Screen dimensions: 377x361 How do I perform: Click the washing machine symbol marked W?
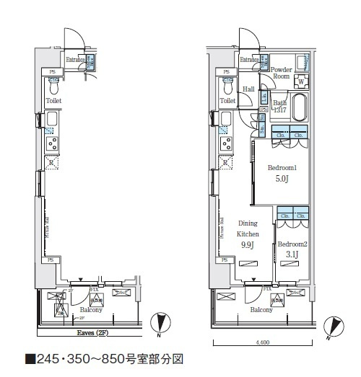tap(300, 81)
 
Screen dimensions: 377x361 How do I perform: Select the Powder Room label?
tap(281, 72)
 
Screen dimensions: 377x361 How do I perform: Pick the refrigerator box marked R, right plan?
tap(227, 164)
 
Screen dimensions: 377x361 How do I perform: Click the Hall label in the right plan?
tap(248, 89)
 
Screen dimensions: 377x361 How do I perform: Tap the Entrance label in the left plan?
tap(74, 60)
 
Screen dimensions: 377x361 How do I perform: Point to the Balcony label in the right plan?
tap(261, 309)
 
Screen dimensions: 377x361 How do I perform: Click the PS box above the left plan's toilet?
tap(53, 71)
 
